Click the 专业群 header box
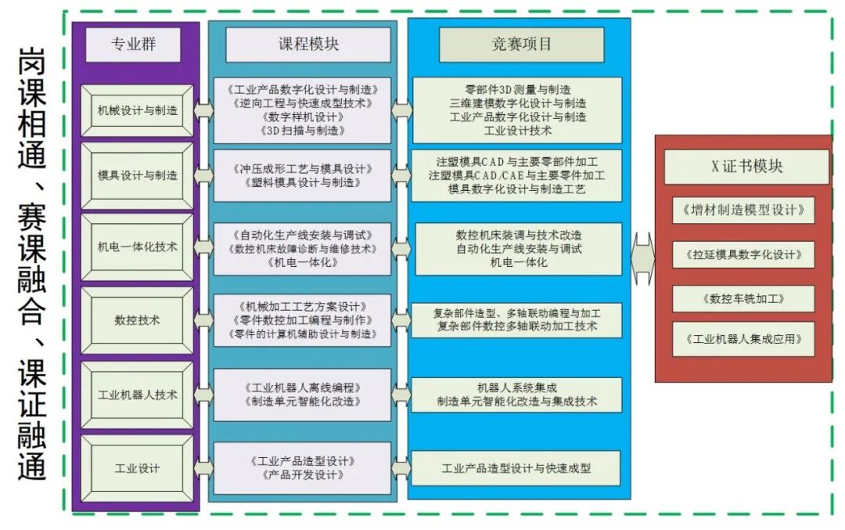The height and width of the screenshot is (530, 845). point(133,45)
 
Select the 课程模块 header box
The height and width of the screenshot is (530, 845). point(308,45)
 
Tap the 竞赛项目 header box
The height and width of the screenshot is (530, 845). point(521,45)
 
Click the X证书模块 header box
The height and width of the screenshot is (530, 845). point(746,166)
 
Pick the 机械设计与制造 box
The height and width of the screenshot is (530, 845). point(138,110)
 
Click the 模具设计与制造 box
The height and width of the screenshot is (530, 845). point(138,175)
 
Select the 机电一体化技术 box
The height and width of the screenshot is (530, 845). point(138,247)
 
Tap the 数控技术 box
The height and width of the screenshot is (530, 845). point(138,319)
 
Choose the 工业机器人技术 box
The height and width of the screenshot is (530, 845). point(138,395)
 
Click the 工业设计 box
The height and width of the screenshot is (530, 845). point(138,468)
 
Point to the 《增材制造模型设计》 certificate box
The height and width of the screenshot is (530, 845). point(743,211)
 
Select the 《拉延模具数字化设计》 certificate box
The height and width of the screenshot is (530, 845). point(743,254)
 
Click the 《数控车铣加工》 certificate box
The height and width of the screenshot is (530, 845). point(743,298)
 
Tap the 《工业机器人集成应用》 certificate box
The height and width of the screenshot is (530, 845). point(743,340)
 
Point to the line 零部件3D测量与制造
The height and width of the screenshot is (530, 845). point(517,89)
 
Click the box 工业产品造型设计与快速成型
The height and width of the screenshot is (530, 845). point(516,468)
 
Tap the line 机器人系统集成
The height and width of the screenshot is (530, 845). point(517,388)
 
